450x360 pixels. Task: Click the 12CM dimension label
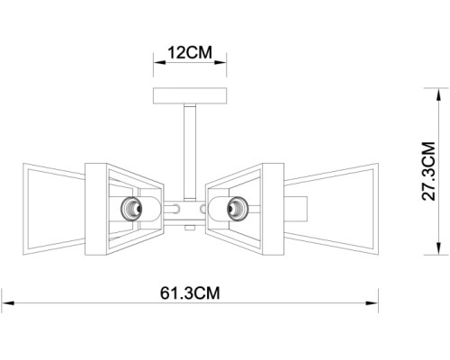190,52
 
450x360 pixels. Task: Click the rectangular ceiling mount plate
190,95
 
